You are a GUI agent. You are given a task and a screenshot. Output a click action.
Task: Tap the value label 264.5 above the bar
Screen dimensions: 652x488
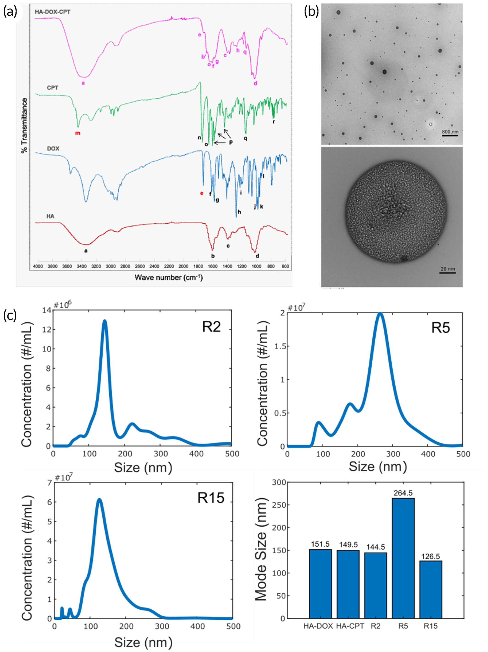coord(403,493)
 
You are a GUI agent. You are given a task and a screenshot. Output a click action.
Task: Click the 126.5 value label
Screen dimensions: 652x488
coord(430,556)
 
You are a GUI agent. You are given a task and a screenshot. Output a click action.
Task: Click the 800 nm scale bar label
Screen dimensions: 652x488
coord(450,132)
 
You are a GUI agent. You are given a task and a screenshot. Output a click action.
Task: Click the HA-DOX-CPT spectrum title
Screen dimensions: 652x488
coord(53,12)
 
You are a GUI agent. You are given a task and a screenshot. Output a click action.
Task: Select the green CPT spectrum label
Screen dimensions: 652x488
coord(53,88)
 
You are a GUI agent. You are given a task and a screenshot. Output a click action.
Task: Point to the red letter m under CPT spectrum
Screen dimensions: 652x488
coord(78,133)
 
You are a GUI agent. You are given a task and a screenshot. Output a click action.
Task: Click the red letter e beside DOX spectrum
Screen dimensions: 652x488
coord(202,193)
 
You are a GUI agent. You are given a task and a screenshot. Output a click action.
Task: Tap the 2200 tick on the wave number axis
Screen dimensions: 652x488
coord(169,266)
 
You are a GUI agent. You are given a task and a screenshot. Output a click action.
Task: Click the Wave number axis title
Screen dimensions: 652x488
coord(169,277)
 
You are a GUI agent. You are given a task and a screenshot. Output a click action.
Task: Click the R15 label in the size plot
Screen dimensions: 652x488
coord(211,498)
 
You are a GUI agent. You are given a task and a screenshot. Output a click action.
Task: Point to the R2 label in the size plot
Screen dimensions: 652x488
coord(211,327)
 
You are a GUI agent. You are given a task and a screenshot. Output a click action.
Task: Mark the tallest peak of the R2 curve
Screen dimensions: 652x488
coord(104,321)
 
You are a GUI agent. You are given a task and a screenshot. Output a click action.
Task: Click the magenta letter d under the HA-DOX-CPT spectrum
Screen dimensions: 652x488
coord(255,83)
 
